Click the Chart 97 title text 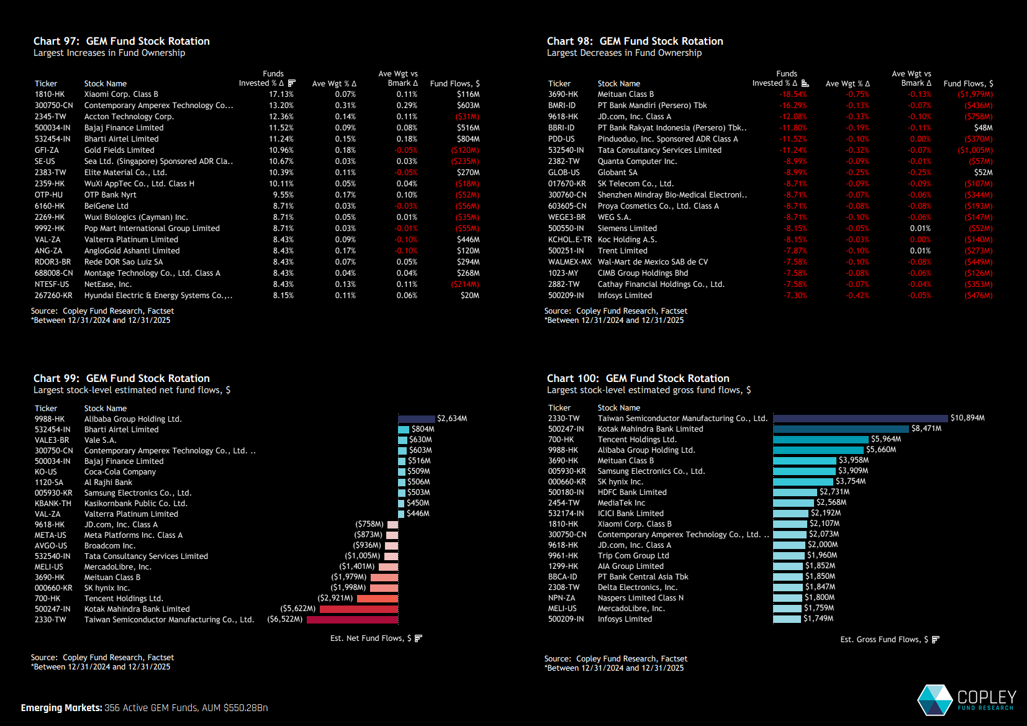coord(121,41)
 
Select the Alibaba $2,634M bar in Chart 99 coord(416,419)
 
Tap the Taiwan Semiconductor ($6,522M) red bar coord(352,620)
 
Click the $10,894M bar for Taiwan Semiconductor coord(860,419)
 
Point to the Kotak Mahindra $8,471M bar coord(841,429)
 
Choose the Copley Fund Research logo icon coord(934,700)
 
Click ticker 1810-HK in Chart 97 coord(50,94)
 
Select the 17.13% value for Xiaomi coord(281,94)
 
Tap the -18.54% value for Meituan coord(794,94)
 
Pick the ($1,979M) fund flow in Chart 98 coord(975,94)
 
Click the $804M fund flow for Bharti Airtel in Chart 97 coord(468,139)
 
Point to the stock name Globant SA coord(617,173)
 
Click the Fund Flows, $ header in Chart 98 coord(968,84)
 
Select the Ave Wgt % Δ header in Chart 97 coord(334,84)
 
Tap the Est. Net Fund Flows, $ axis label coord(371,638)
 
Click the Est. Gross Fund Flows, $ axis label coord(884,640)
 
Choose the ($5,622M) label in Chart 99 coord(298,609)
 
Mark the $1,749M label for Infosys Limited coord(818,619)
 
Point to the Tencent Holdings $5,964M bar coord(820,440)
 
